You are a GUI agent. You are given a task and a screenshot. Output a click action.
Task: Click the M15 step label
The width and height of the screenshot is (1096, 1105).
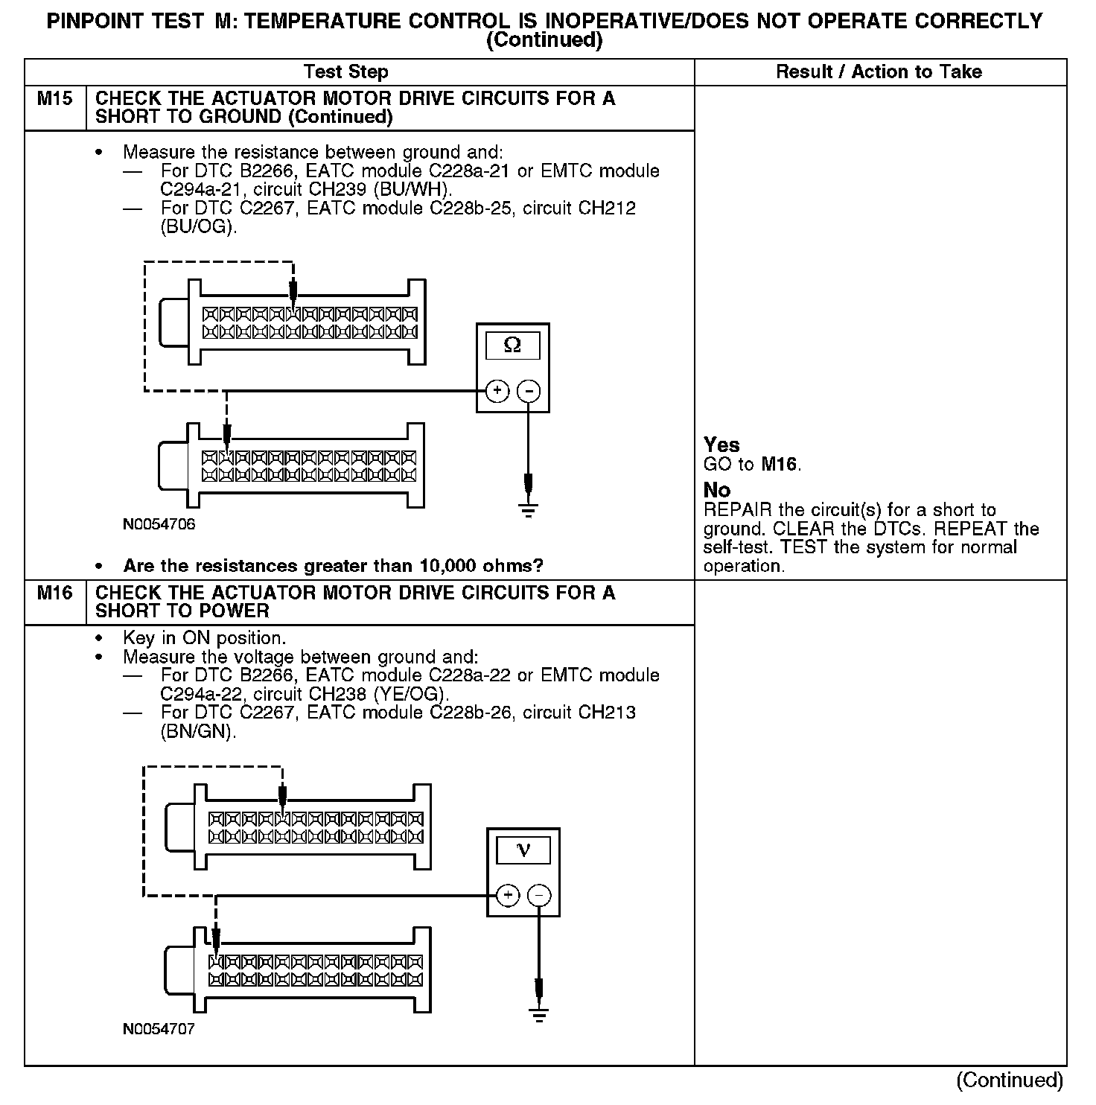point(54,98)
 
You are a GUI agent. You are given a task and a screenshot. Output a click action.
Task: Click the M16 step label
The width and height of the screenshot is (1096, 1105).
point(54,593)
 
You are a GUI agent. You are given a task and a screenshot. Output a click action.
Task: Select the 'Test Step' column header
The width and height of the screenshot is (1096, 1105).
point(345,72)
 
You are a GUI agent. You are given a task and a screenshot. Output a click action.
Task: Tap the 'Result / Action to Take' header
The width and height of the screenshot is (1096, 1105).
point(879,72)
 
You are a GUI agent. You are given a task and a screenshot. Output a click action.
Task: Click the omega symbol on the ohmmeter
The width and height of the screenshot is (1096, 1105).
point(512,345)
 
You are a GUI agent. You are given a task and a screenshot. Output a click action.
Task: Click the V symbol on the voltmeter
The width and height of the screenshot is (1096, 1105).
point(523,850)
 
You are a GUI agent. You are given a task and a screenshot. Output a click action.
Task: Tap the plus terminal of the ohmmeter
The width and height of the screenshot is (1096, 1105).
point(497,391)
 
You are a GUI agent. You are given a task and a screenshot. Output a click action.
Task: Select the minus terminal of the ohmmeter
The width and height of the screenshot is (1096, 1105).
point(528,391)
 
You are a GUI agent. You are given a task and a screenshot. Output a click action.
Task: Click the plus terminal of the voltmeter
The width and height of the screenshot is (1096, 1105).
point(507,895)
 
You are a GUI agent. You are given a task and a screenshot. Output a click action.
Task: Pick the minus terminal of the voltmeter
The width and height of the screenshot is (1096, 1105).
point(539,895)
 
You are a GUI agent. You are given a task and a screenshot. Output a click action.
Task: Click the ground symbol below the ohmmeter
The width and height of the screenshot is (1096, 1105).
point(528,509)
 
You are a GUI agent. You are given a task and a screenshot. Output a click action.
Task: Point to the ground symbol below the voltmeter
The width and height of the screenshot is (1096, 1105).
point(539,1014)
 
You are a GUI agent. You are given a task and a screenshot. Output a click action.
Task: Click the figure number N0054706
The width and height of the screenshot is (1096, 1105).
point(159,524)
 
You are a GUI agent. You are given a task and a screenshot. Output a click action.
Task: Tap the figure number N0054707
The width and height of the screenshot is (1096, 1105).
point(159,1030)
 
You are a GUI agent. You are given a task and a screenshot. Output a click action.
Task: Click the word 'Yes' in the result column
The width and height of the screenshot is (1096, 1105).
point(721,445)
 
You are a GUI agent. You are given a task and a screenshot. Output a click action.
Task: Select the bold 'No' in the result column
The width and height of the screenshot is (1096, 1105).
point(717,490)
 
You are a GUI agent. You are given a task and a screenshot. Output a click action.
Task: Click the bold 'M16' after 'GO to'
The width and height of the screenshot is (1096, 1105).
point(779,465)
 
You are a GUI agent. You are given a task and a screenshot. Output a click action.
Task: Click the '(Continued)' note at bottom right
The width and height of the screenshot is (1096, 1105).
point(1010,1080)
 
